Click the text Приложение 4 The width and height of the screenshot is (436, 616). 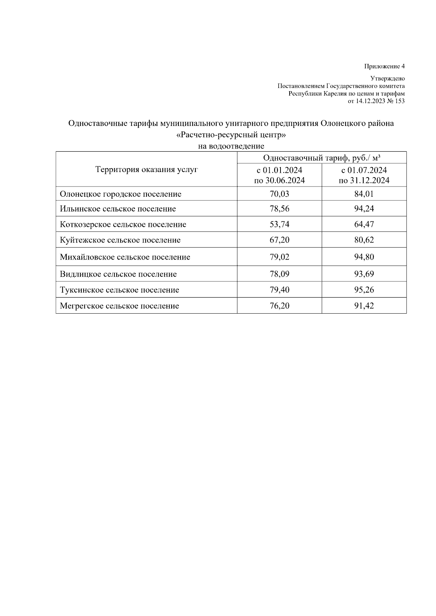pos(384,66)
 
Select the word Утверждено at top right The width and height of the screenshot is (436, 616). pos(387,78)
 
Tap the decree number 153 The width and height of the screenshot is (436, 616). pos(399,101)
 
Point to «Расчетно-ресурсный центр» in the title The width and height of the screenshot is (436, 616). pos(231,135)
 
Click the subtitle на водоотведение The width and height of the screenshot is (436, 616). pos(231,146)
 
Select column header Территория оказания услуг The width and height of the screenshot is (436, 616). pos(146,170)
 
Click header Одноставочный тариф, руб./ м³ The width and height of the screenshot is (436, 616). pos(322,158)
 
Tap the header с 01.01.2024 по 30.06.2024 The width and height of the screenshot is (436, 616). pos(279,175)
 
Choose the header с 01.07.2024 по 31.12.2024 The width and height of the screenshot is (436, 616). pos(364,175)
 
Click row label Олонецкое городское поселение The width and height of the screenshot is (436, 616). pos(120,194)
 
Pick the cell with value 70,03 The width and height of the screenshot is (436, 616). pos(279,194)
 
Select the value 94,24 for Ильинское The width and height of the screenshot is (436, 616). pos(364,209)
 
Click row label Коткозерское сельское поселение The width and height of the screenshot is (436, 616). pos(123,225)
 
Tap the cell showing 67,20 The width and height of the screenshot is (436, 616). pos(279,240)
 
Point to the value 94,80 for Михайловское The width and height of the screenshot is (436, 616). pos(364,257)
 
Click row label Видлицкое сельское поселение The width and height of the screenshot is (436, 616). pos(118,274)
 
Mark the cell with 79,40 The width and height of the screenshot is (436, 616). pos(279,290)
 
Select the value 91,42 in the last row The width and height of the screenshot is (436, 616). pos(364,306)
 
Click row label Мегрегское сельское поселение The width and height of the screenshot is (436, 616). pos(119,306)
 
